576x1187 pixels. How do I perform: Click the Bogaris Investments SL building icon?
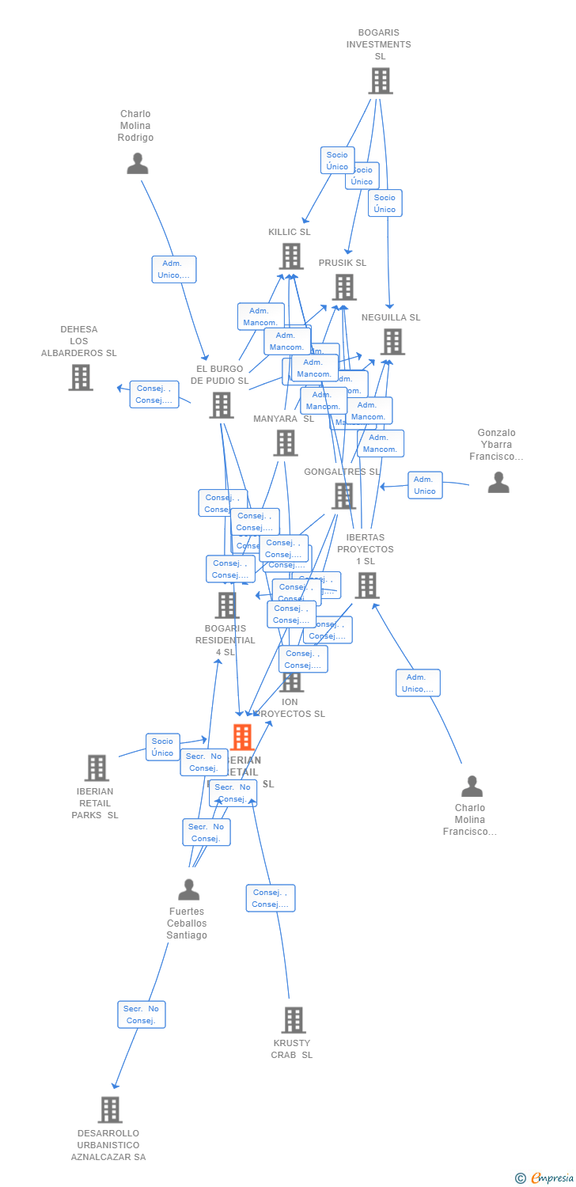381,81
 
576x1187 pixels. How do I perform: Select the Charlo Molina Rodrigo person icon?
138,164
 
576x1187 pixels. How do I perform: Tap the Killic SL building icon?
292,256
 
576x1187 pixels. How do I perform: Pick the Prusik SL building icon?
344,287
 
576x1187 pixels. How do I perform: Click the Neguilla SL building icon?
392,342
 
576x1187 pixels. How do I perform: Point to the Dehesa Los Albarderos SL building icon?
81,377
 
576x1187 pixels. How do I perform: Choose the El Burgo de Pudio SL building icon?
222,405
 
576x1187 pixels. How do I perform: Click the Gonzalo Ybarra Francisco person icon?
498,482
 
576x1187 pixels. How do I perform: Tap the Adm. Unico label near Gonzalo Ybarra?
425,485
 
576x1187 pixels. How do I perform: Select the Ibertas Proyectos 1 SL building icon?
367,586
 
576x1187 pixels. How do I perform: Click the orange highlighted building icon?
242,737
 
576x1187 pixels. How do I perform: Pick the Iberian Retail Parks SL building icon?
97,768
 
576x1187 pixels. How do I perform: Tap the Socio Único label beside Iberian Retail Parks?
162,747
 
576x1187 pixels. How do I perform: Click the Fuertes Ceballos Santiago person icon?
188,890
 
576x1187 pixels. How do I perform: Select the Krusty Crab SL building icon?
294,1020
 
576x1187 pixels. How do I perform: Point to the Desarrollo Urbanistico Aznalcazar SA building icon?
110,1109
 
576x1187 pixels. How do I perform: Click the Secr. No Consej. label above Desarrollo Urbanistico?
142,1014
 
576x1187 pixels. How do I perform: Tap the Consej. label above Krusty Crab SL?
270,898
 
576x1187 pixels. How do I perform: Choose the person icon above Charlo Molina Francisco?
472,787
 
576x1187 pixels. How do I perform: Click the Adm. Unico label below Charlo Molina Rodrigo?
174,269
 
